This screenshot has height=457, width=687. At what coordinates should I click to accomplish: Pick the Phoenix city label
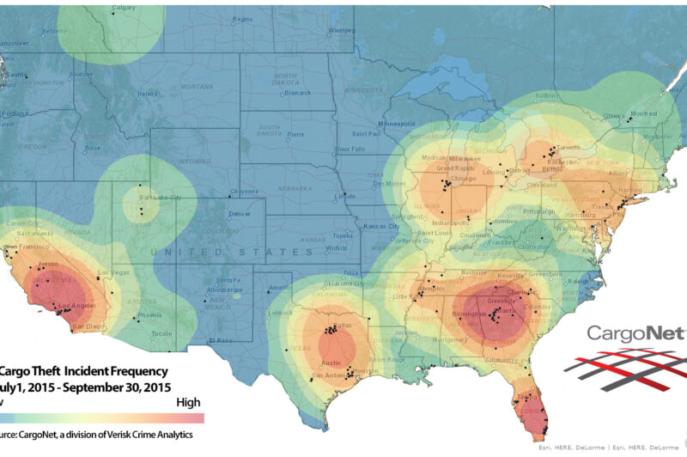coord(149,314)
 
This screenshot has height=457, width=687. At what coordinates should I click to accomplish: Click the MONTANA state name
coord(197,87)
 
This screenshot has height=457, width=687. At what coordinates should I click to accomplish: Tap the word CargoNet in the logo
coord(635,333)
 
